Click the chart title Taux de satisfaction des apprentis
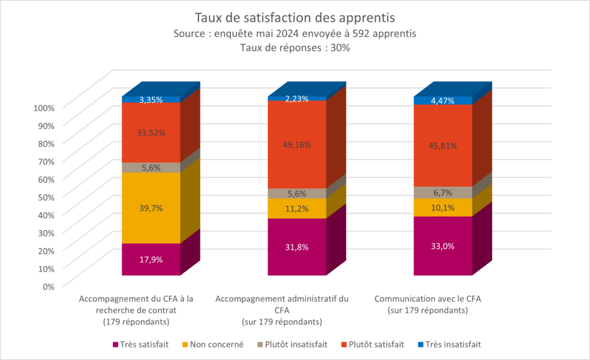295,17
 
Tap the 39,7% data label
151,208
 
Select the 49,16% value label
297,145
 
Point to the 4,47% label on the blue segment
442,101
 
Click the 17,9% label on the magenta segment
151,259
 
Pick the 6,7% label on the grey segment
442,192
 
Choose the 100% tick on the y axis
44,108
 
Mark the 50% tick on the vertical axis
46,197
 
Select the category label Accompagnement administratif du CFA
282,304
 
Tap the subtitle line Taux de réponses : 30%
295,48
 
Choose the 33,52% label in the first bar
151,133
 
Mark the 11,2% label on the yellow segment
297,209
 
